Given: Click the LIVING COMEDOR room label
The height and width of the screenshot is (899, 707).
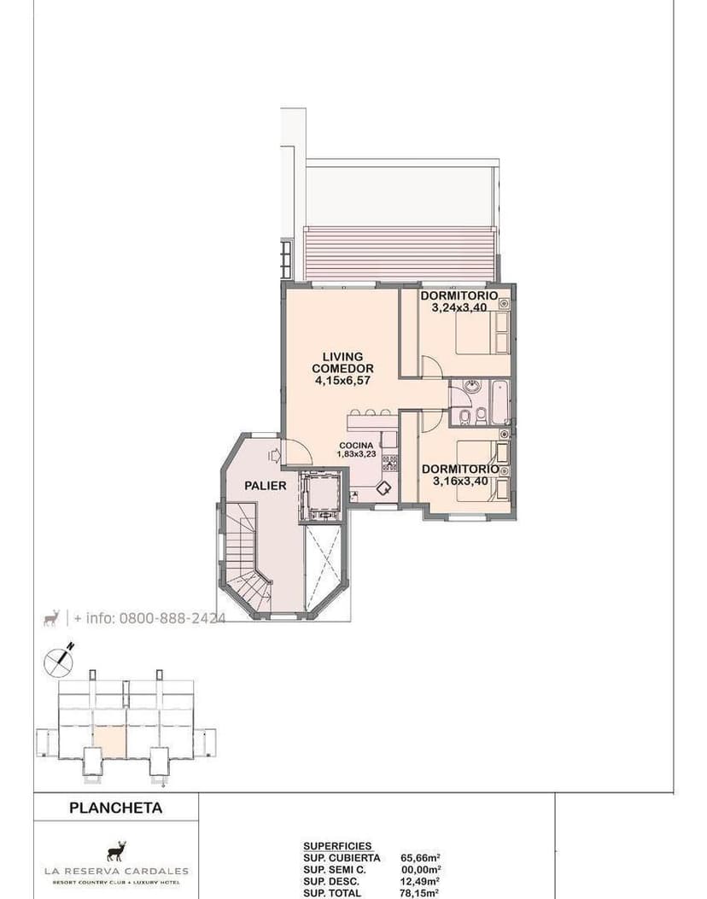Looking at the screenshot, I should (342, 363).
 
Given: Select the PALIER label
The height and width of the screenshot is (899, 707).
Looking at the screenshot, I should (265, 486).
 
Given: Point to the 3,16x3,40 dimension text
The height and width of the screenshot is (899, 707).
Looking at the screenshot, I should (460, 481).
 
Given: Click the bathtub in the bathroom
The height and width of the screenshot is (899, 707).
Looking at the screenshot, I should (500, 401).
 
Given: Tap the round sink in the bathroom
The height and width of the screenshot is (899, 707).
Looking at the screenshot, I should (472, 387).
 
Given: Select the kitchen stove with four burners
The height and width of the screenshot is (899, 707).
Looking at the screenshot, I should (389, 463).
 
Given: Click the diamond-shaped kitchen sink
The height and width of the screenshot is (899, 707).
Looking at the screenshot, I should (384, 488).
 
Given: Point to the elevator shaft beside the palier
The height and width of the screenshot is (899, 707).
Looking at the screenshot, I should (321, 496).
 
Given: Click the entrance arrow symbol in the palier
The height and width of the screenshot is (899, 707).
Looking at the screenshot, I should (273, 456).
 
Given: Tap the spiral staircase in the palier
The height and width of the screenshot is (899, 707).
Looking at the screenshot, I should (244, 559).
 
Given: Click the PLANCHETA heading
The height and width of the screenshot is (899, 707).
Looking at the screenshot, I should (115, 807).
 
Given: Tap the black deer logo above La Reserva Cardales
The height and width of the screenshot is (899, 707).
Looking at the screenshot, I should (116, 851).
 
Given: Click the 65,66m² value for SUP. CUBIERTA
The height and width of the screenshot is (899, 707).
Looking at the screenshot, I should (420, 858).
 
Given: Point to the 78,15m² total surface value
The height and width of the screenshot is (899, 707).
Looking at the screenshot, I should (420, 893).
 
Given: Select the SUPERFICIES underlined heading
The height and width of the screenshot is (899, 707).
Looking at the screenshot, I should (337, 847).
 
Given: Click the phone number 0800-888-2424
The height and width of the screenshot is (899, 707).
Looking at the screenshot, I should (172, 618).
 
